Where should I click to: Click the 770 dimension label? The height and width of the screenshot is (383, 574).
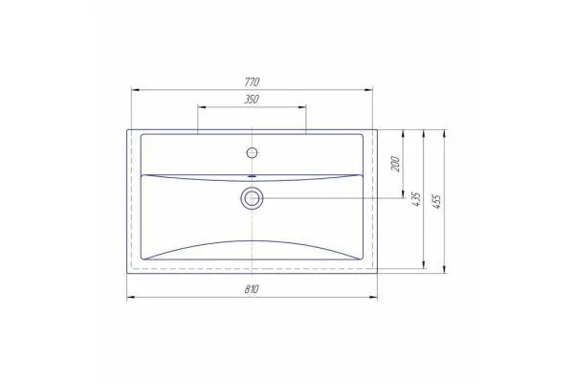tap(252, 81)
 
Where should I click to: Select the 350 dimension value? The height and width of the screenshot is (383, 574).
tap(252, 100)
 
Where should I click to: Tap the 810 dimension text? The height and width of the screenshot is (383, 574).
tap(252, 289)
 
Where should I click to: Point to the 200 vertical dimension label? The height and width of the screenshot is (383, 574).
tap(396, 164)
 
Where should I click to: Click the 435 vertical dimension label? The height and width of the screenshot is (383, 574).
tap(416, 198)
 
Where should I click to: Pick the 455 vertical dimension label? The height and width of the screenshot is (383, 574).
tap(437, 202)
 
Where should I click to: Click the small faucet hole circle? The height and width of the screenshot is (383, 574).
tap(252, 152)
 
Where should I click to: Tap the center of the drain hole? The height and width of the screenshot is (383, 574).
tap(252, 198)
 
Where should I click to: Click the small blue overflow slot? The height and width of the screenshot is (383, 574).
tap(252, 176)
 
